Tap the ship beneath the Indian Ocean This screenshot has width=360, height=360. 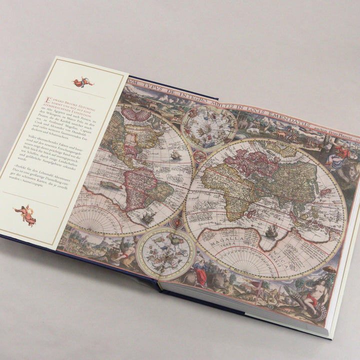pyautogui.click(x=271, y=231)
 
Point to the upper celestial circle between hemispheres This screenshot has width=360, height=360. pyautogui.click(x=209, y=127)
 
